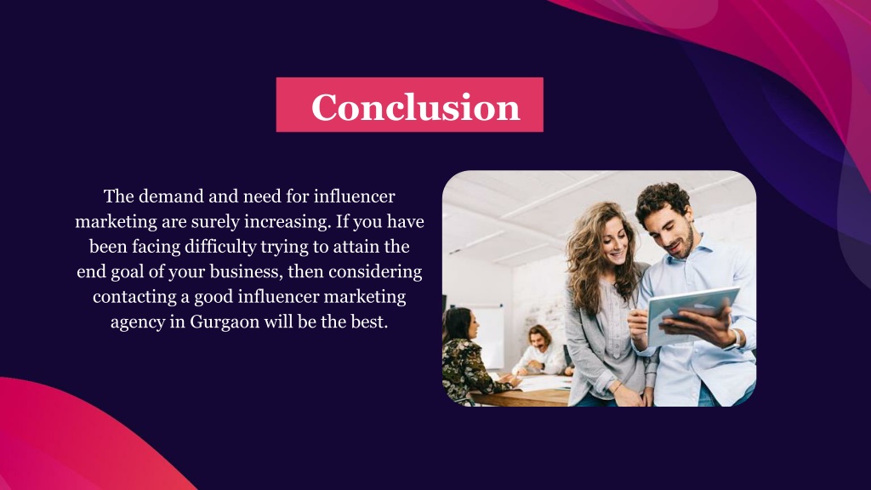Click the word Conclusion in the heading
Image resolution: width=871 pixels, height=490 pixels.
coord(415,107)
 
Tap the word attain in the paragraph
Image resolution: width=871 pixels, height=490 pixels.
coord(357,248)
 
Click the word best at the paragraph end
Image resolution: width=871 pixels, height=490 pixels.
coord(367,324)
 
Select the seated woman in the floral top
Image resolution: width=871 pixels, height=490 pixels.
coord(464,357)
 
